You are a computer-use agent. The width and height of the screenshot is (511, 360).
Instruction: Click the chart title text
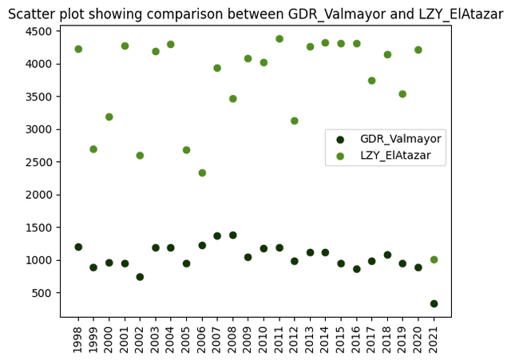(x=255, y=13)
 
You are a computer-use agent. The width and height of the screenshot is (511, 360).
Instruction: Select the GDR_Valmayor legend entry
(x=400, y=139)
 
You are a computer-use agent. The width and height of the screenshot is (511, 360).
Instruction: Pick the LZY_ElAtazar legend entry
(x=400, y=156)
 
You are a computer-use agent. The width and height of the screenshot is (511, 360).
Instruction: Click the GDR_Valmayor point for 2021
(x=434, y=303)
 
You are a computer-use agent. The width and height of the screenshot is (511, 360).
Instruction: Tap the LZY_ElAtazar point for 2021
(x=434, y=259)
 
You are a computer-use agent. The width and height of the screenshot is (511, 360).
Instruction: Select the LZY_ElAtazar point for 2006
(x=202, y=172)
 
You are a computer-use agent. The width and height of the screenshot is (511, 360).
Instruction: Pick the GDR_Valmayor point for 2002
(x=140, y=277)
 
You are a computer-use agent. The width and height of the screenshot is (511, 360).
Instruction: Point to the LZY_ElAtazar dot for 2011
(x=279, y=38)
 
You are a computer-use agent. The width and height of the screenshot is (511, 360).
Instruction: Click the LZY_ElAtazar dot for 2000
(x=109, y=117)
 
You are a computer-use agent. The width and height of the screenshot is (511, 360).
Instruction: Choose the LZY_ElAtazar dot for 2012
(x=295, y=121)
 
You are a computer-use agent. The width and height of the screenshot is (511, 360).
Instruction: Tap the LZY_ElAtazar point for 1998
(x=78, y=49)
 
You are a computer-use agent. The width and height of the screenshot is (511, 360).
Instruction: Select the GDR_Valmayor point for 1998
(x=78, y=247)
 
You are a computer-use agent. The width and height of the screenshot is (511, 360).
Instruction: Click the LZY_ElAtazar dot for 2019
(x=403, y=94)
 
